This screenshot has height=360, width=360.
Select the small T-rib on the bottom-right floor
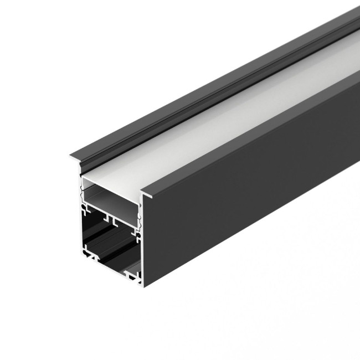130,274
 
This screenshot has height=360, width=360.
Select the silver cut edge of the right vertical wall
141,244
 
